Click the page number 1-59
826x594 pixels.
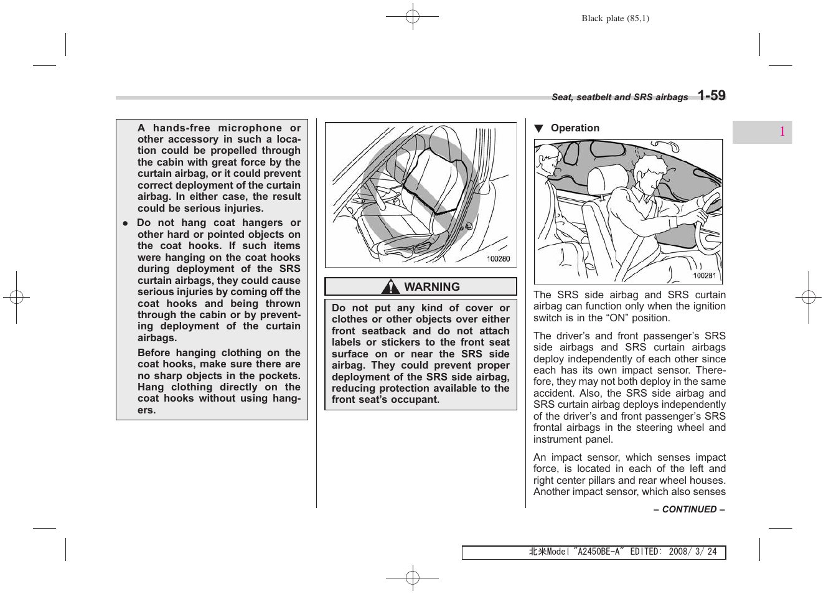click(x=711, y=95)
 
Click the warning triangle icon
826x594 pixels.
click(x=391, y=287)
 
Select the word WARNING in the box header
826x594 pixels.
click(x=432, y=287)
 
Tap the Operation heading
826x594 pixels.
click(x=575, y=128)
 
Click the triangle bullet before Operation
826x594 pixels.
click(x=539, y=129)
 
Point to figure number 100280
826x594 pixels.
click(x=498, y=259)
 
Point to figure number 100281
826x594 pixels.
click(x=704, y=276)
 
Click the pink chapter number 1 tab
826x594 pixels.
click(x=782, y=132)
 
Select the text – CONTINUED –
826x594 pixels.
click(x=689, y=509)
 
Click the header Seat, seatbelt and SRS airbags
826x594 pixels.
click(x=619, y=97)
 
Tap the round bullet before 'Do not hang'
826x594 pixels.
click(x=125, y=224)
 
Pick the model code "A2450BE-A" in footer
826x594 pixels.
click(x=598, y=552)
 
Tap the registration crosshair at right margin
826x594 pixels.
click(x=808, y=298)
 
